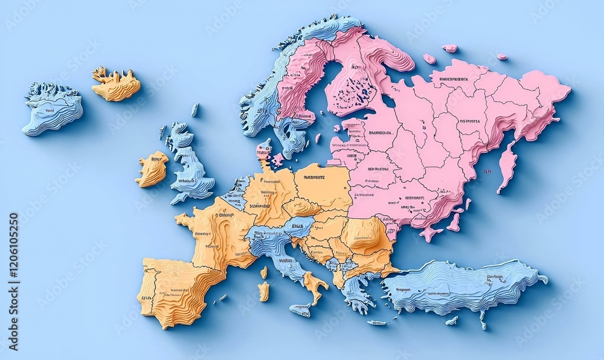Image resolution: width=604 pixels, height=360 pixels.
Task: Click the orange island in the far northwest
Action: coord(116,85)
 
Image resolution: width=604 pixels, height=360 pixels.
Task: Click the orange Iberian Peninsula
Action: coord(178,287)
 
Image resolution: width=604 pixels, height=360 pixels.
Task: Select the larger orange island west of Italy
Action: coord(263,291)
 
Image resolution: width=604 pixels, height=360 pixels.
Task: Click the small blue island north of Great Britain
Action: coord(194,109)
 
